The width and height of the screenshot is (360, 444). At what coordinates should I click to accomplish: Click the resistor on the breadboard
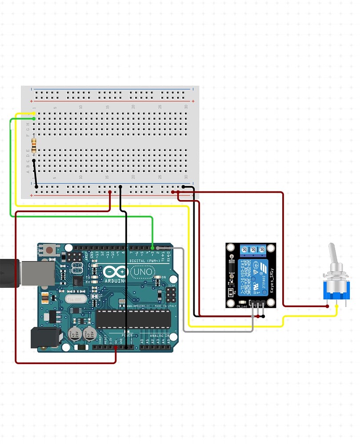[x=34, y=145]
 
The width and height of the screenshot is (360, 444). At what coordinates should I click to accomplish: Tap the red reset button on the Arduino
[x=50, y=250]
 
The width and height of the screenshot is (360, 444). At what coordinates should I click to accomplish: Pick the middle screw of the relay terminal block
[x=253, y=250]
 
